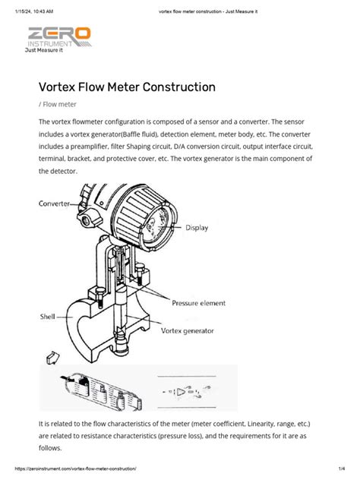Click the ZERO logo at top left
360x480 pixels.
point(58,34)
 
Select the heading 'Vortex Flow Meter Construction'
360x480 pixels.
point(127,87)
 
